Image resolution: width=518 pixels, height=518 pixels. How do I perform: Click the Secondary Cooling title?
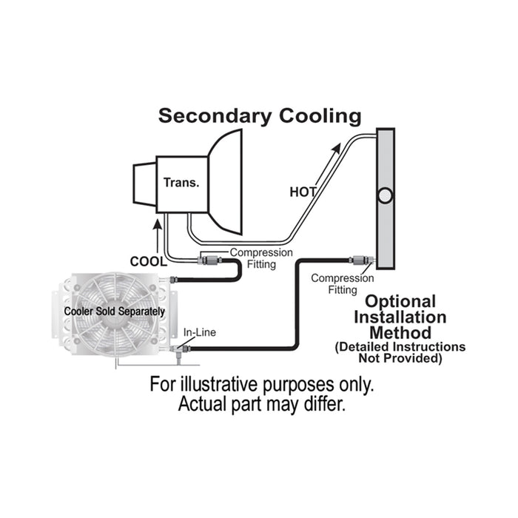[x=260, y=116]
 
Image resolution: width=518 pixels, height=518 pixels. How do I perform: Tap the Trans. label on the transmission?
[x=181, y=181]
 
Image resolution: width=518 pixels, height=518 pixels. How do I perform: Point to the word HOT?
[x=303, y=192]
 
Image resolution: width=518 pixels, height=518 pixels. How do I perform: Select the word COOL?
[x=147, y=260]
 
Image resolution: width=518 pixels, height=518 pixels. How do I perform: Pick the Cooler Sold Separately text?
[x=115, y=312]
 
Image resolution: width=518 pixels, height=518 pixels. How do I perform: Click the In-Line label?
[x=199, y=332]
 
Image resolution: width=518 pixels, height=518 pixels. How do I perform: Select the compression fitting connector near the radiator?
[x=358, y=260]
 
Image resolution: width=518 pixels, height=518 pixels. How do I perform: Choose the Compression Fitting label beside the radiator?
[x=343, y=284]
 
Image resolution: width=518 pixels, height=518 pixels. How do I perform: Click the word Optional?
[x=401, y=302]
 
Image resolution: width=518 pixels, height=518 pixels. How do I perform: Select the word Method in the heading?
[x=403, y=333]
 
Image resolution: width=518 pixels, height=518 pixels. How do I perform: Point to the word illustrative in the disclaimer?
[x=224, y=386]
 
